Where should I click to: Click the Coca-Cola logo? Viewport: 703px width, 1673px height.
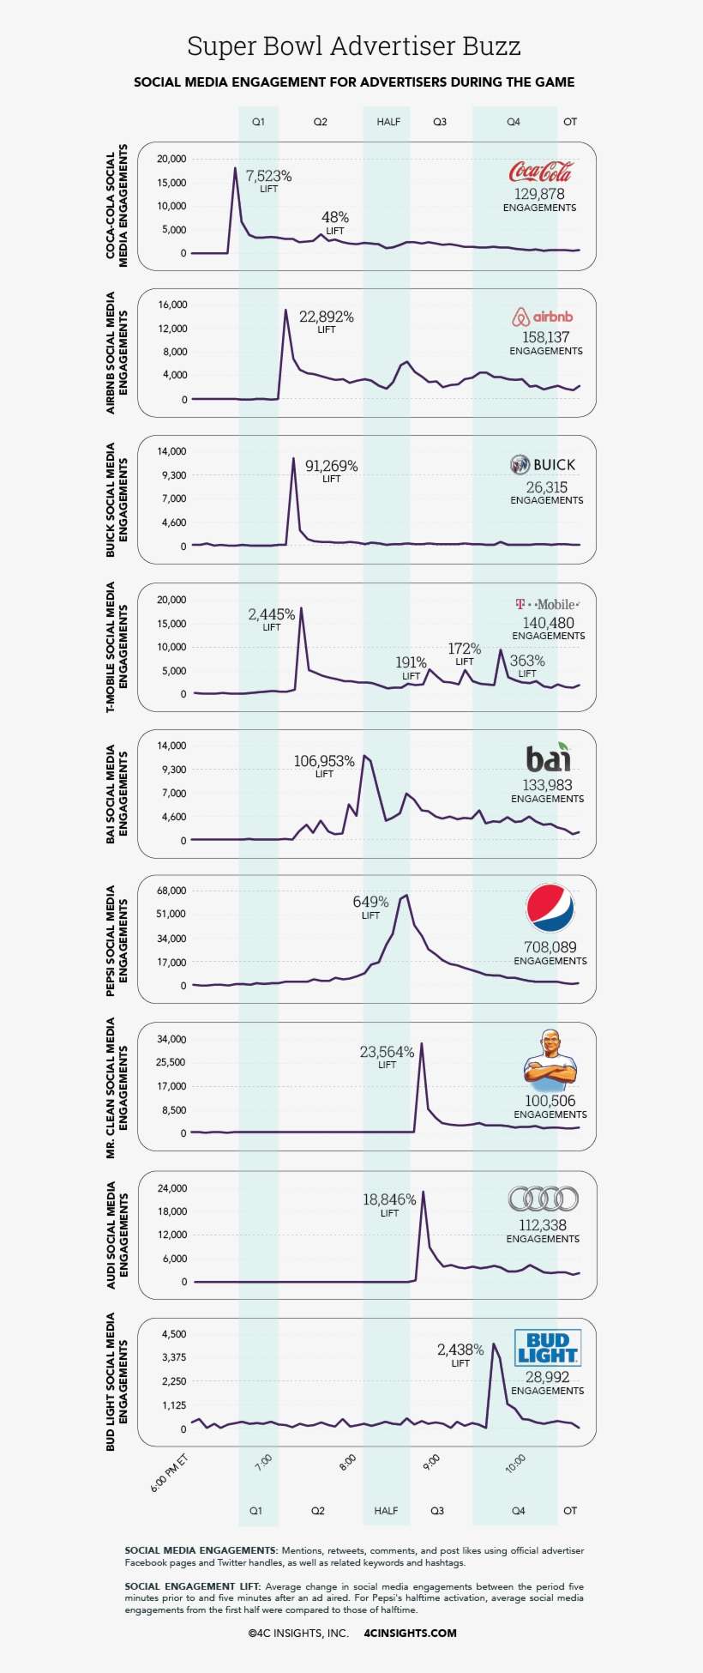pyautogui.click(x=540, y=172)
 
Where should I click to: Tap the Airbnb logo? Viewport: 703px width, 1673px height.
pyautogui.click(x=542, y=317)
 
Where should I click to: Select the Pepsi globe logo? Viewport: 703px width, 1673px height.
pyautogui.click(x=550, y=908)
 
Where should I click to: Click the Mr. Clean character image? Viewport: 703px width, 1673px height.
pyautogui.click(x=550, y=1060)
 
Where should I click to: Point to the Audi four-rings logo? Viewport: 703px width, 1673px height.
pyautogui.click(x=544, y=1199)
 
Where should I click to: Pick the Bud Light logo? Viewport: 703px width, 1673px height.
pyautogui.click(x=548, y=1348)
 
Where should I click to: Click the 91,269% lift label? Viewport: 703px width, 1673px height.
pyautogui.click(x=331, y=467)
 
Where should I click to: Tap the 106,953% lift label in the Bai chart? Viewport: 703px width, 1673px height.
pyautogui.click(x=324, y=762)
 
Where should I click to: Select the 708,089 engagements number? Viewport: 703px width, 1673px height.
pyautogui.click(x=550, y=947)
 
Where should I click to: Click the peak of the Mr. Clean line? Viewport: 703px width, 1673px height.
pyautogui.click(x=421, y=1043)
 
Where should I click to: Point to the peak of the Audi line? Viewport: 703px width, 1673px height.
pyautogui.click(x=423, y=1192)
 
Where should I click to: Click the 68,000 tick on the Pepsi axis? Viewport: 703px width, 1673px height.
pyautogui.click(x=171, y=891)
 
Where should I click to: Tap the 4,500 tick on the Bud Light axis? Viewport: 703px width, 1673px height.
pyautogui.click(x=171, y=1334)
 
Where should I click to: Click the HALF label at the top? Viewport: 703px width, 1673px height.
pyautogui.click(x=388, y=122)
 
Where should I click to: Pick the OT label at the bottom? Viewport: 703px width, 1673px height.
pyautogui.click(x=570, y=1511)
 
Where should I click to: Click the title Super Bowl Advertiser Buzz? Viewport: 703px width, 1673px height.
pyautogui.click(x=353, y=45)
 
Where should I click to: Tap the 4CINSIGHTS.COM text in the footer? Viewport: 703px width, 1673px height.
pyautogui.click(x=410, y=1634)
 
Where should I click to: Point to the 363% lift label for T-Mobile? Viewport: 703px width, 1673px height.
pyautogui.click(x=527, y=661)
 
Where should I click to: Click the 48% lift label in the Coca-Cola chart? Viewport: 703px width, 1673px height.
pyautogui.click(x=334, y=218)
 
